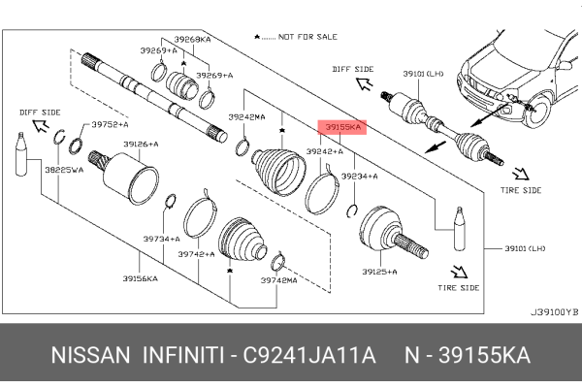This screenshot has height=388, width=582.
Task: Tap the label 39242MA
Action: [x=246, y=117]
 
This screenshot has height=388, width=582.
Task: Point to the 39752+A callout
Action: [x=111, y=125]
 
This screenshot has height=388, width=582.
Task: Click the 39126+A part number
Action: [x=142, y=145]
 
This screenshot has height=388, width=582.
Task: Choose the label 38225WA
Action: [x=64, y=168]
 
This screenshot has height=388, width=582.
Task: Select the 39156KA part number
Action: [x=141, y=276]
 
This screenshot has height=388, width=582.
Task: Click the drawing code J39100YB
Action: [x=553, y=312]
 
